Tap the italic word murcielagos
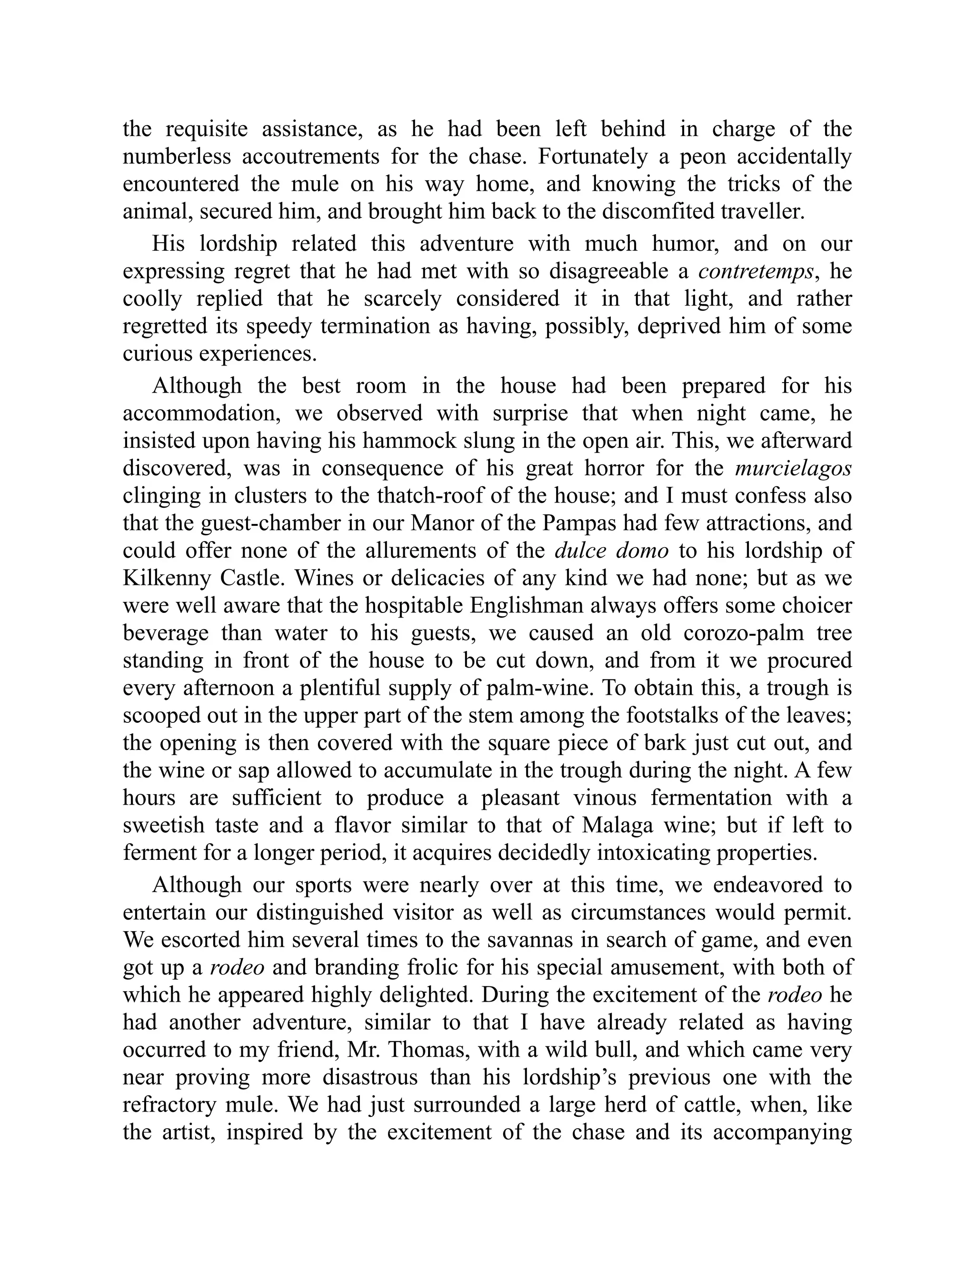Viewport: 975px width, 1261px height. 793,468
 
